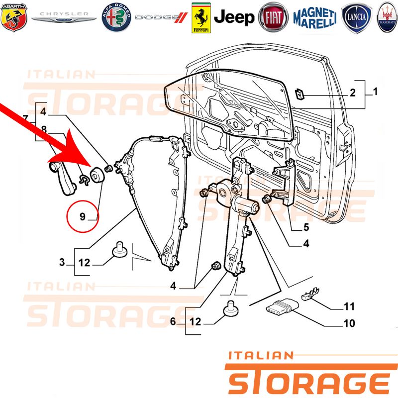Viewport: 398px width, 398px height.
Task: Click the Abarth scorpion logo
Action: click(x=14, y=17)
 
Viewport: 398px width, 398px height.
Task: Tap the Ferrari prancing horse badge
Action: click(x=201, y=18)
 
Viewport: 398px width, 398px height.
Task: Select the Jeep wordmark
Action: click(x=234, y=17)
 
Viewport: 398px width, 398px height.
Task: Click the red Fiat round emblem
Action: click(x=273, y=17)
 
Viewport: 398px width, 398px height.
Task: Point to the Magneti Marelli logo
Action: click(x=315, y=17)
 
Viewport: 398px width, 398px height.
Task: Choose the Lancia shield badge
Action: click(x=356, y=17)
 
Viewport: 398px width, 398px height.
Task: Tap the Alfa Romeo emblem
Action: click(x=116, y=17)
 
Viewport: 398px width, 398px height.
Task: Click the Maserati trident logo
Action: click(x=388, y=17)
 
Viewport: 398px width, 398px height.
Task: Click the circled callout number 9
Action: click(x=83, y=216)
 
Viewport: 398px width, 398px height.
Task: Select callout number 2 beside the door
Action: click(x=353, y=93)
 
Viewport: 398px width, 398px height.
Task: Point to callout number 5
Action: click(x=306, y=227)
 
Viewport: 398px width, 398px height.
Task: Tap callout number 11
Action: click(x=349, y=306)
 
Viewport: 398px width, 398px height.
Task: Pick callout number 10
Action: click(x=349, y=323)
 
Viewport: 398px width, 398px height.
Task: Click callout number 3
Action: click(x=62, y=262)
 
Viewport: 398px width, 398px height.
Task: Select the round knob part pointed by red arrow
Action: click(x=97, y=175)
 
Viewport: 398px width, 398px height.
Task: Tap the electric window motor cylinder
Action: click(x=245, y=204)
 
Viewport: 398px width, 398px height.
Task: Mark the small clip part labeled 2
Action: click(x=300, y=95)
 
